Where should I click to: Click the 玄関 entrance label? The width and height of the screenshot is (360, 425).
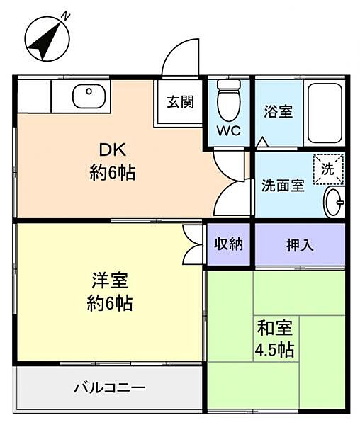click(180, 101)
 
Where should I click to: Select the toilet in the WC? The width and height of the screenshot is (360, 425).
click(228, 101)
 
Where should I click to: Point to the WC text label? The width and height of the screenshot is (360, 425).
click(228, 131)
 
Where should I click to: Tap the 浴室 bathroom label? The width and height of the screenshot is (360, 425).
click(279, 111)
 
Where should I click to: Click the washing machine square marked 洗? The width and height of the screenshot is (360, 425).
click(327, 169)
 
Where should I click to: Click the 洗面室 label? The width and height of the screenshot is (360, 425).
click(283, 186)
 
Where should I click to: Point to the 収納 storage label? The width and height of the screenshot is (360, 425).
click(228, 244)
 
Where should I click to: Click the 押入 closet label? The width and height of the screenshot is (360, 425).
click(300, 245)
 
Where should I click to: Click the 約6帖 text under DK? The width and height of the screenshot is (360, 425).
click(111, 172)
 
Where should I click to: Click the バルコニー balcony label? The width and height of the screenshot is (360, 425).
click(110, 388)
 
